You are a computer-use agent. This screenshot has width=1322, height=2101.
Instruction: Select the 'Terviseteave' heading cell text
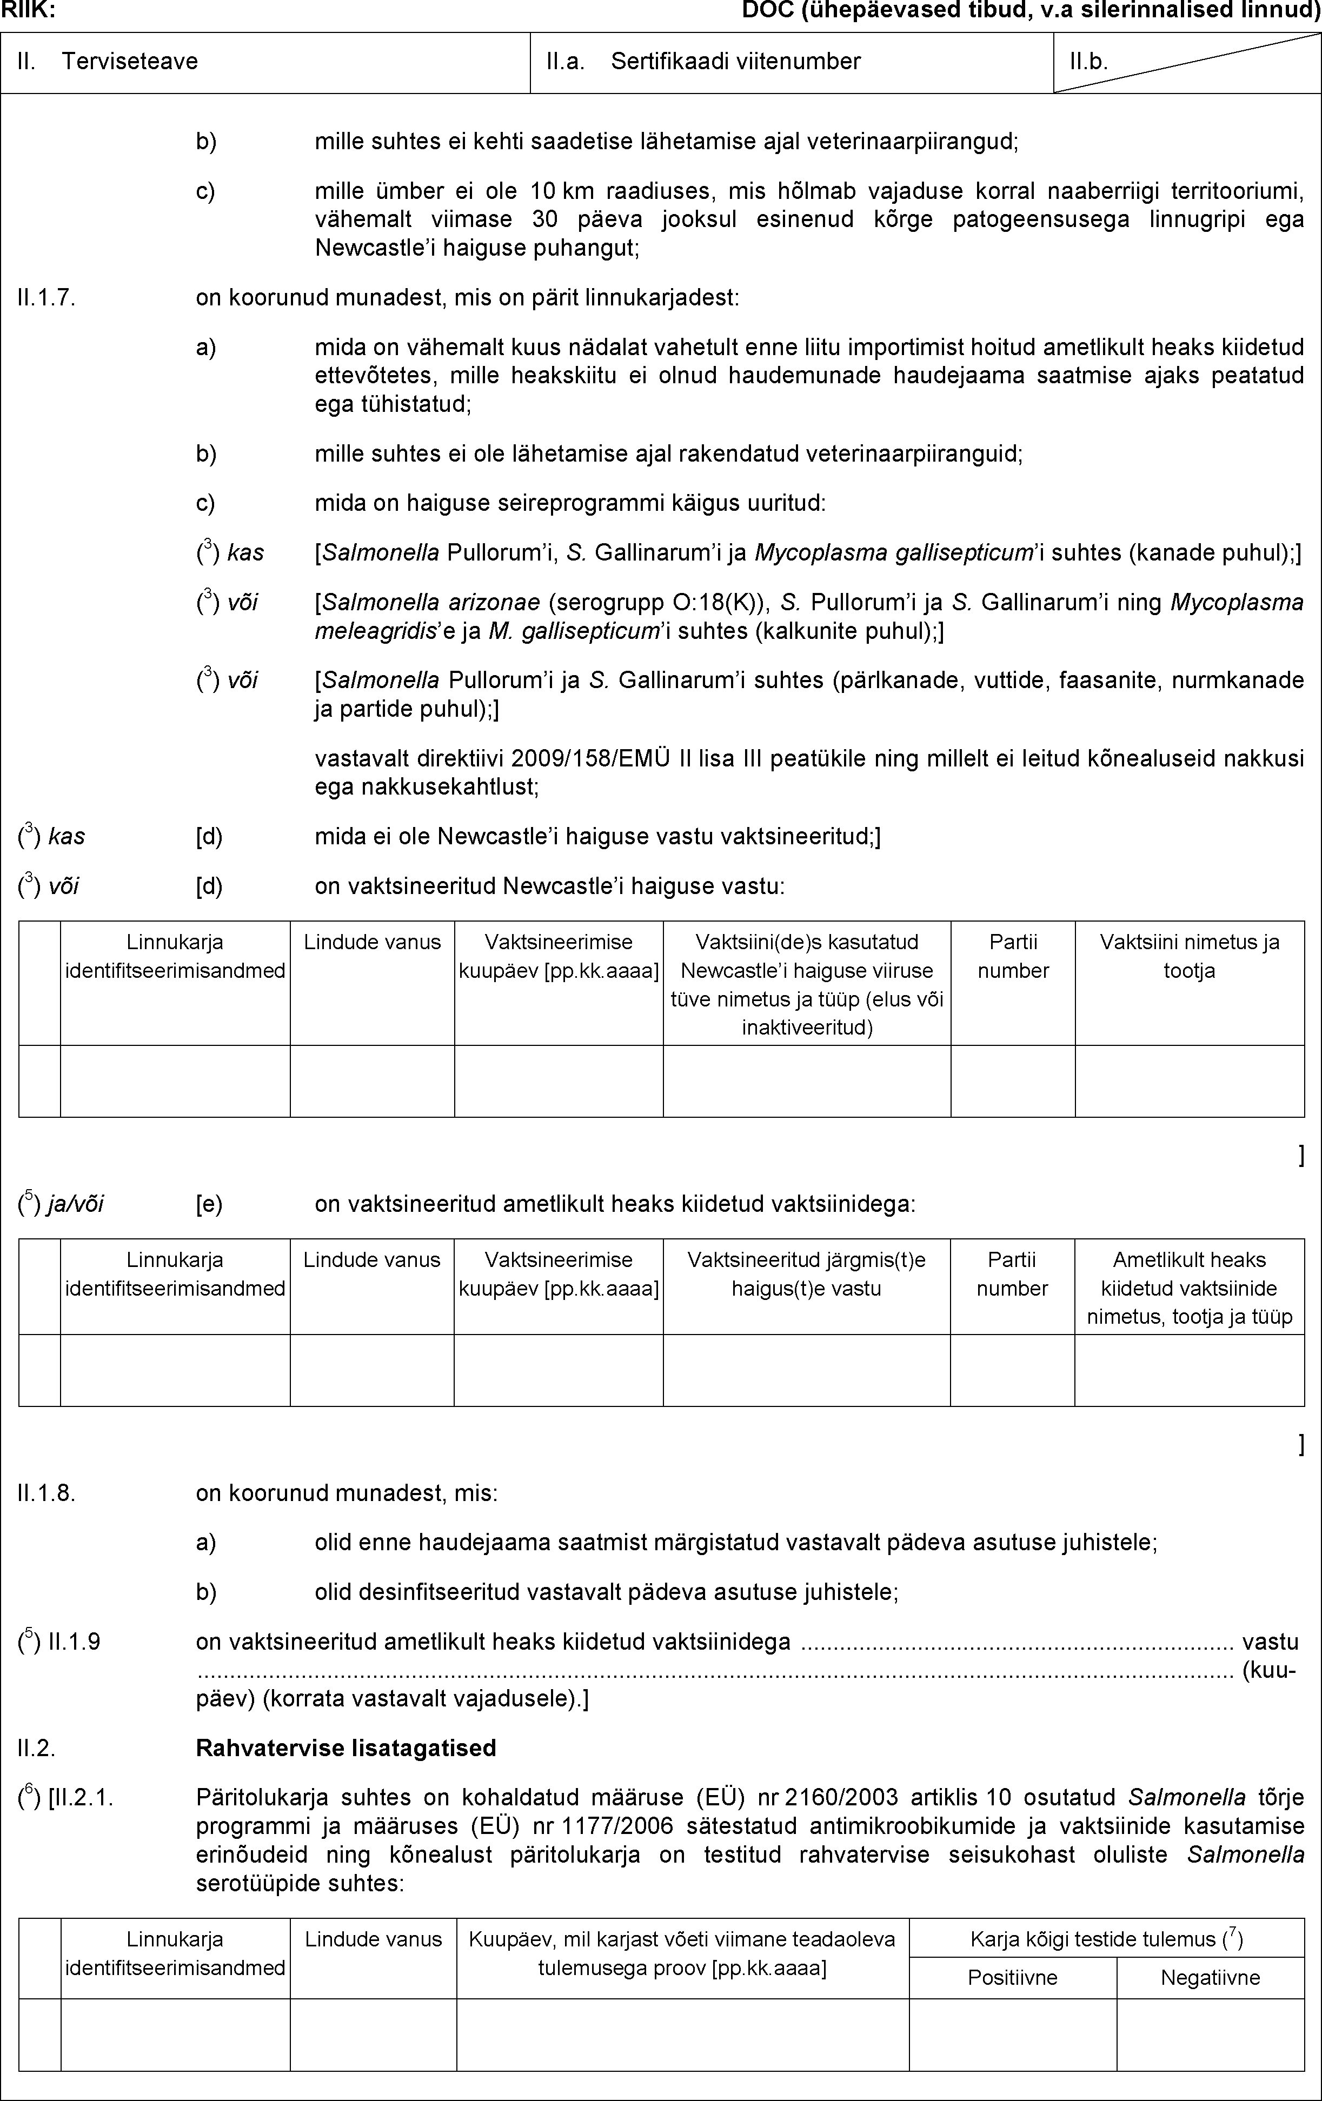[x=129, y=61]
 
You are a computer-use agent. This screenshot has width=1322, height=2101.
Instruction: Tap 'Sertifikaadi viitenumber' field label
[x=735, y=61]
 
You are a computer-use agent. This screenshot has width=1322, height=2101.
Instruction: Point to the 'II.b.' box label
[x=1089, y=61]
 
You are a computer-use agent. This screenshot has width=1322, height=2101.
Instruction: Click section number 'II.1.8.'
[x=46, y=1493]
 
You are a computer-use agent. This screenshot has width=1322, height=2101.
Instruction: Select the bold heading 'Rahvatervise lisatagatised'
[x=347, y=1748]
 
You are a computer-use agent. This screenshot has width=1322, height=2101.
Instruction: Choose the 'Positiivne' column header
[x=1012, y=1977]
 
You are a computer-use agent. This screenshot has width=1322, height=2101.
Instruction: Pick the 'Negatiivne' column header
[x=1210, y=1977]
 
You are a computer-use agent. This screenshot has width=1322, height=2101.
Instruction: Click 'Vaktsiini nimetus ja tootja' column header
[x=1190, y=956]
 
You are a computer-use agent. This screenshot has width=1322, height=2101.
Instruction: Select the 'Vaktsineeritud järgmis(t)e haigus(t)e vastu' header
[x=806, y=1274]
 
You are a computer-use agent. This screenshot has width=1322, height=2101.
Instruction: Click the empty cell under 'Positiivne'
[x=1012, y=2034]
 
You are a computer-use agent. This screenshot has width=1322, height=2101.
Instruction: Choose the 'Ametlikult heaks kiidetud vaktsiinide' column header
[x=1190, y=1288]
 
